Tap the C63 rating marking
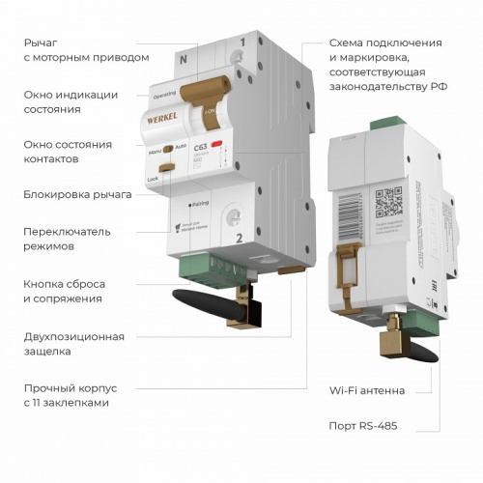coord(203,147)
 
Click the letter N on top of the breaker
coord(183,59)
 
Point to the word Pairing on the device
coord(200,205)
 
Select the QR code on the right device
coord(387,202)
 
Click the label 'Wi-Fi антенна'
coord(366,390)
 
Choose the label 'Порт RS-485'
coord(362,425)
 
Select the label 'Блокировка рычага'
coord(77,194)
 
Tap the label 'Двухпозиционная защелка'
coord(74,343)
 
